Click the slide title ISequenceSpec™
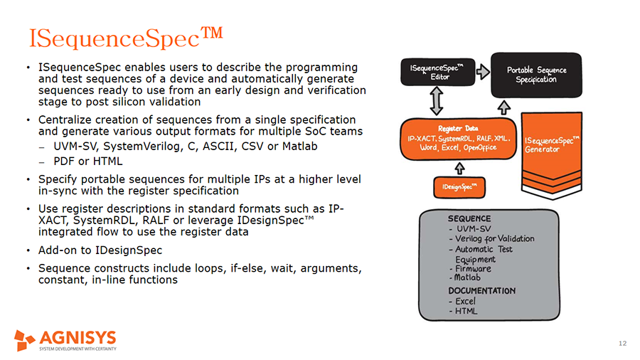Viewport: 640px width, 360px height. click(126, 38)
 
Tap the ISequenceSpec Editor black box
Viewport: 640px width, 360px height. click(437, 73)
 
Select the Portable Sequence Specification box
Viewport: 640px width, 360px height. click(536, 75)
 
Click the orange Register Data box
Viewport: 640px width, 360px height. click(459, 139)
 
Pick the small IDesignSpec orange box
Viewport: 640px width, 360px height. click(459, 187)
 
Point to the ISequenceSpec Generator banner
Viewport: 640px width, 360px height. click(551, 155)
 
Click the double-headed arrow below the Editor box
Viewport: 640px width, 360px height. click(437, 101)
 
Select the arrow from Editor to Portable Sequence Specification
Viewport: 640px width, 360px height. click(483, 72)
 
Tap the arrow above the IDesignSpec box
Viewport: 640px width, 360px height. click(459, 168)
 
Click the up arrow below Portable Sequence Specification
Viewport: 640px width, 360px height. click(504, 107)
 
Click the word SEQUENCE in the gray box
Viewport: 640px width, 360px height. click(469, 219)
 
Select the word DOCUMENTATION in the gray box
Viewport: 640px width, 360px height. click(481, 291)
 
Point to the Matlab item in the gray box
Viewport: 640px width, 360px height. click(467, 277)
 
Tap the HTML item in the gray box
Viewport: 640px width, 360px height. click(466, 311)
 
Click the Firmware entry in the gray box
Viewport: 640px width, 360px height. click(473, 268)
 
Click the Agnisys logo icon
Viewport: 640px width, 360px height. click(24, 340)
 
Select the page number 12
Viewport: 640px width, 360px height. click(622, 343)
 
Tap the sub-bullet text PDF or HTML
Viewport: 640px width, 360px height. click(87, 162)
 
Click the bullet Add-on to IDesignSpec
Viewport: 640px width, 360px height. click(100, 250)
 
